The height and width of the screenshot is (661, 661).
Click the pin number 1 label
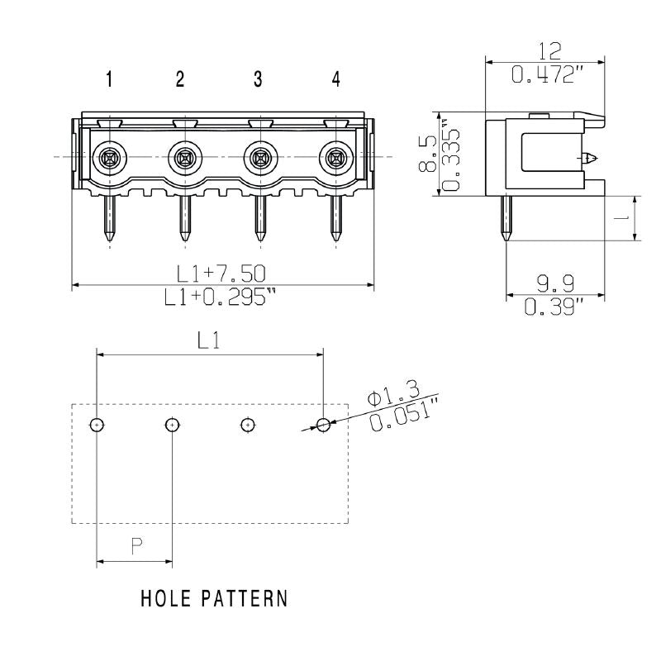pos(108,79)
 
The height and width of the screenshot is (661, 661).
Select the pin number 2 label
pos(180,79)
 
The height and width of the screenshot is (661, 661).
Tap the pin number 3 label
pos(258,79)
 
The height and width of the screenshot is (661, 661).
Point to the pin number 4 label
pos(335,79)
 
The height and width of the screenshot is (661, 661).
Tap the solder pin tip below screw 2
pos(185,240)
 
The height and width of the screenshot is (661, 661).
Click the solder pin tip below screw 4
pos(336,240)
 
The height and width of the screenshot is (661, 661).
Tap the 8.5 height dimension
pos(427,153)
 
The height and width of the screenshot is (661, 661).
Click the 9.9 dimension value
pos(554,285)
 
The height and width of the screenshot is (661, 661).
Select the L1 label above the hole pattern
pos(207,340)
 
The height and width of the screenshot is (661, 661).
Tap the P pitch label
pos(137,544)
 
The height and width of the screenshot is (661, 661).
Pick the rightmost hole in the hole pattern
pos(323,425)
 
